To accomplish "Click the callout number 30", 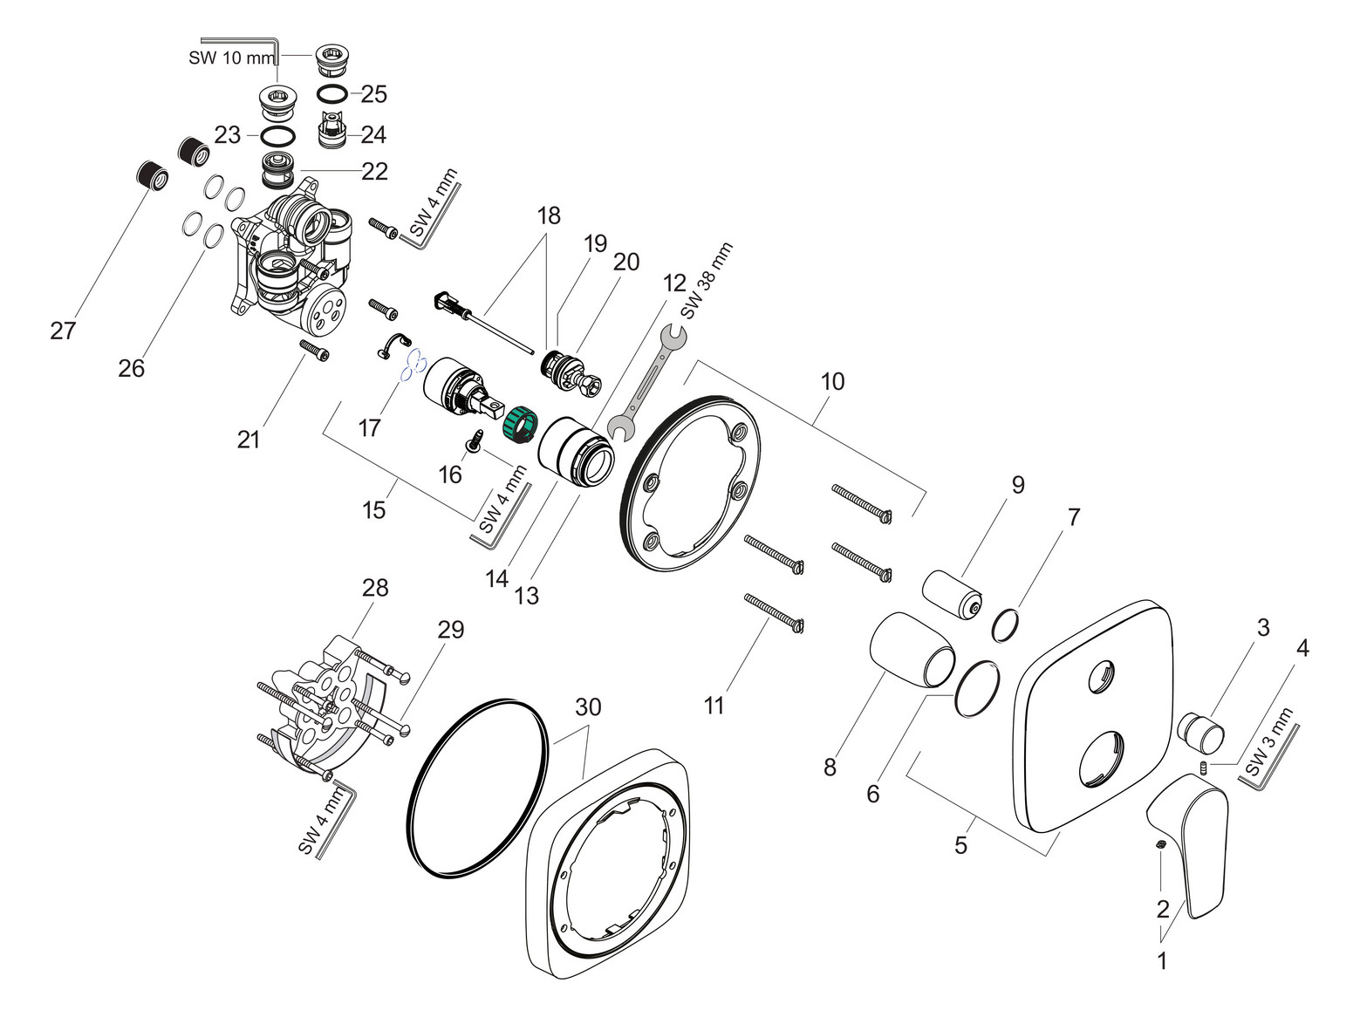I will point(588,706).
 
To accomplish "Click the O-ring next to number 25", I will point(334,93).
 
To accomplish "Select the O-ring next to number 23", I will point(277,136).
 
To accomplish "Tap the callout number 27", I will point(63,330).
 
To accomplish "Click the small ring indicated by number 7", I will point(1008,625).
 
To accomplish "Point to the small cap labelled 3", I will point(1201,730).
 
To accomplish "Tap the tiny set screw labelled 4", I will point(1203,768).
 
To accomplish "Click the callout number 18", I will point(549,215).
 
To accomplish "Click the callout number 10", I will point(832,381).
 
